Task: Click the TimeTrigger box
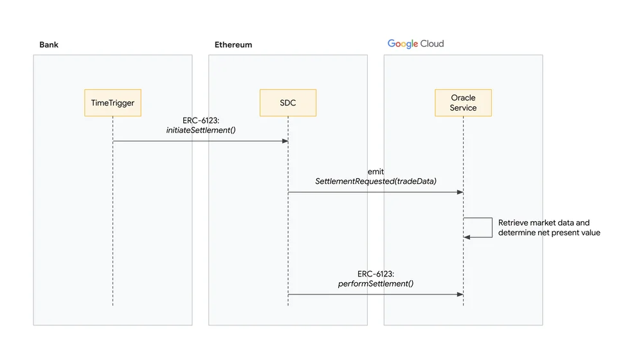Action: click(113, 103)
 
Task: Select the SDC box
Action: click(288, 103)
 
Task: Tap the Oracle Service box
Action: click(464, 103)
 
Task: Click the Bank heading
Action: click(49, 45)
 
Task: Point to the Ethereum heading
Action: click(233, 45)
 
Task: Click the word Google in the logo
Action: click(403, 44)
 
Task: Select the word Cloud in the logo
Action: click(432, 44)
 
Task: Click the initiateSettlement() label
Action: click(201, 130)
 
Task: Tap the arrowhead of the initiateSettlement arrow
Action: click(285, 141)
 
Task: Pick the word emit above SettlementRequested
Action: click(376, 172)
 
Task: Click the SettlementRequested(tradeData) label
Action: click(376, 181)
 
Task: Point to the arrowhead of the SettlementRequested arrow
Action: click(460, 192)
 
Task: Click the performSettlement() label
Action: click(376, 283)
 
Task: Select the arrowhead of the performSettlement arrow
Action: click(460, 294)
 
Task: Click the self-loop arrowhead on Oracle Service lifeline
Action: click(467, 237)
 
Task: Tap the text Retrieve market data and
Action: click(544, 222)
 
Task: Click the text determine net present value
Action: click(549, 233)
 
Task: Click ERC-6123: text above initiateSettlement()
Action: click(201, 121)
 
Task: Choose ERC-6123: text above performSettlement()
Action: click(376, 274)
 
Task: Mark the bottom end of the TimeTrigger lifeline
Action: click(113, 305)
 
